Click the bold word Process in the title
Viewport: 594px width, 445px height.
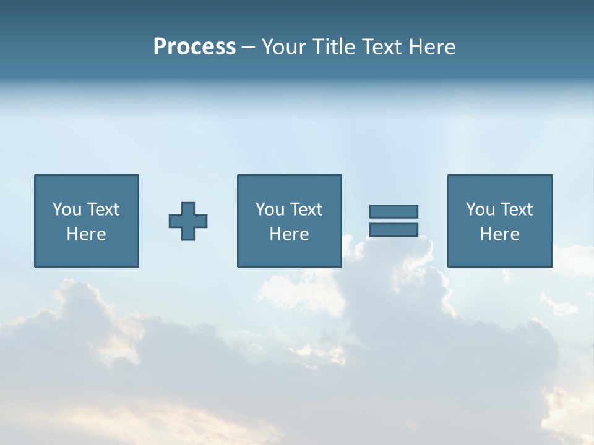point(194,47)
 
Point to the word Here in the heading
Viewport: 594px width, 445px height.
point(432,47)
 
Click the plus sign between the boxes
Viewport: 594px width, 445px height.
point(188,221)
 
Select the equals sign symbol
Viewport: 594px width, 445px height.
point(394,221)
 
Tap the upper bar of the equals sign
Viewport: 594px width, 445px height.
point(394,211)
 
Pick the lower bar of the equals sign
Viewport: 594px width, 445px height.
point(394,230)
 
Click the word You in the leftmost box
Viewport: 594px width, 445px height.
point(67,210)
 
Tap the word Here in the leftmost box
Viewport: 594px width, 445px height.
point(86,234)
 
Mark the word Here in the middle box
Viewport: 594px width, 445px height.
point(289,234)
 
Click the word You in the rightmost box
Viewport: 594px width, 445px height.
point(480,210)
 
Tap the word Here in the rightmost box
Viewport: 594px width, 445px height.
point(499,234)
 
